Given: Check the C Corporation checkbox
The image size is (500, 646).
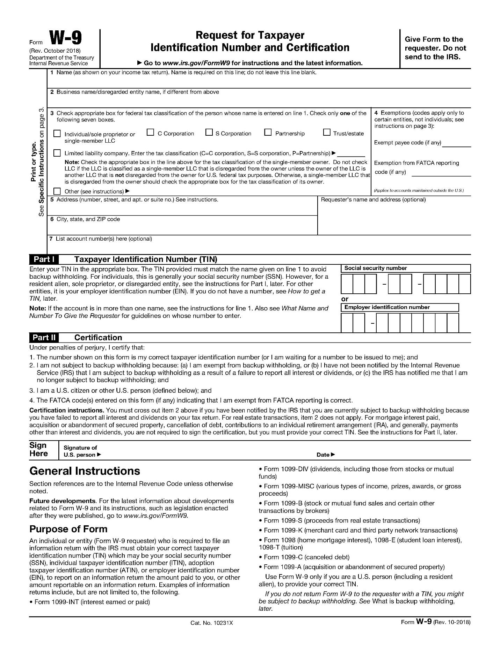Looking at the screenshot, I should click(150, 133).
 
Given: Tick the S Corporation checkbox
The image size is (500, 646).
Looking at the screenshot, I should click(209, 133).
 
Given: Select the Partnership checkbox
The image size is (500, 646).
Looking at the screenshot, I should click(268, 133).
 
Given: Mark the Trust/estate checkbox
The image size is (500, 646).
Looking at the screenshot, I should click(327, 133).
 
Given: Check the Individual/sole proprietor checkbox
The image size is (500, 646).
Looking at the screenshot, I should click(57, 134).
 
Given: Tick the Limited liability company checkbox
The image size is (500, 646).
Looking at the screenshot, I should click(57, 153).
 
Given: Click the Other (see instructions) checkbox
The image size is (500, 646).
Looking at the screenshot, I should click(57, 191).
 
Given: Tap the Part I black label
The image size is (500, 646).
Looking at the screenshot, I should click(44, 259).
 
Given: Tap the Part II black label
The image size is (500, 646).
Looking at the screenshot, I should click(44, 337).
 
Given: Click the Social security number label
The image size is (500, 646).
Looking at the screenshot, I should click(376, 268).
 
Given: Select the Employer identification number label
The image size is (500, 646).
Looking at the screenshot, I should click(387, 307).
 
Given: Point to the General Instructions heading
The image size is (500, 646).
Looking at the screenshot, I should click(85, 471).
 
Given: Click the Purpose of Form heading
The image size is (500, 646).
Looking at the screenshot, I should click(68, 529).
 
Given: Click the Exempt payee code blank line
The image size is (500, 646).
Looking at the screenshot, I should click(457, 144).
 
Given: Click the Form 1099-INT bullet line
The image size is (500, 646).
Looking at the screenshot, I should click(92, 602).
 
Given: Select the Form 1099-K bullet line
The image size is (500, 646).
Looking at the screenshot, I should click(360, 530).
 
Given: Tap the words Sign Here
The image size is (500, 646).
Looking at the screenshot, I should click(39, 450).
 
